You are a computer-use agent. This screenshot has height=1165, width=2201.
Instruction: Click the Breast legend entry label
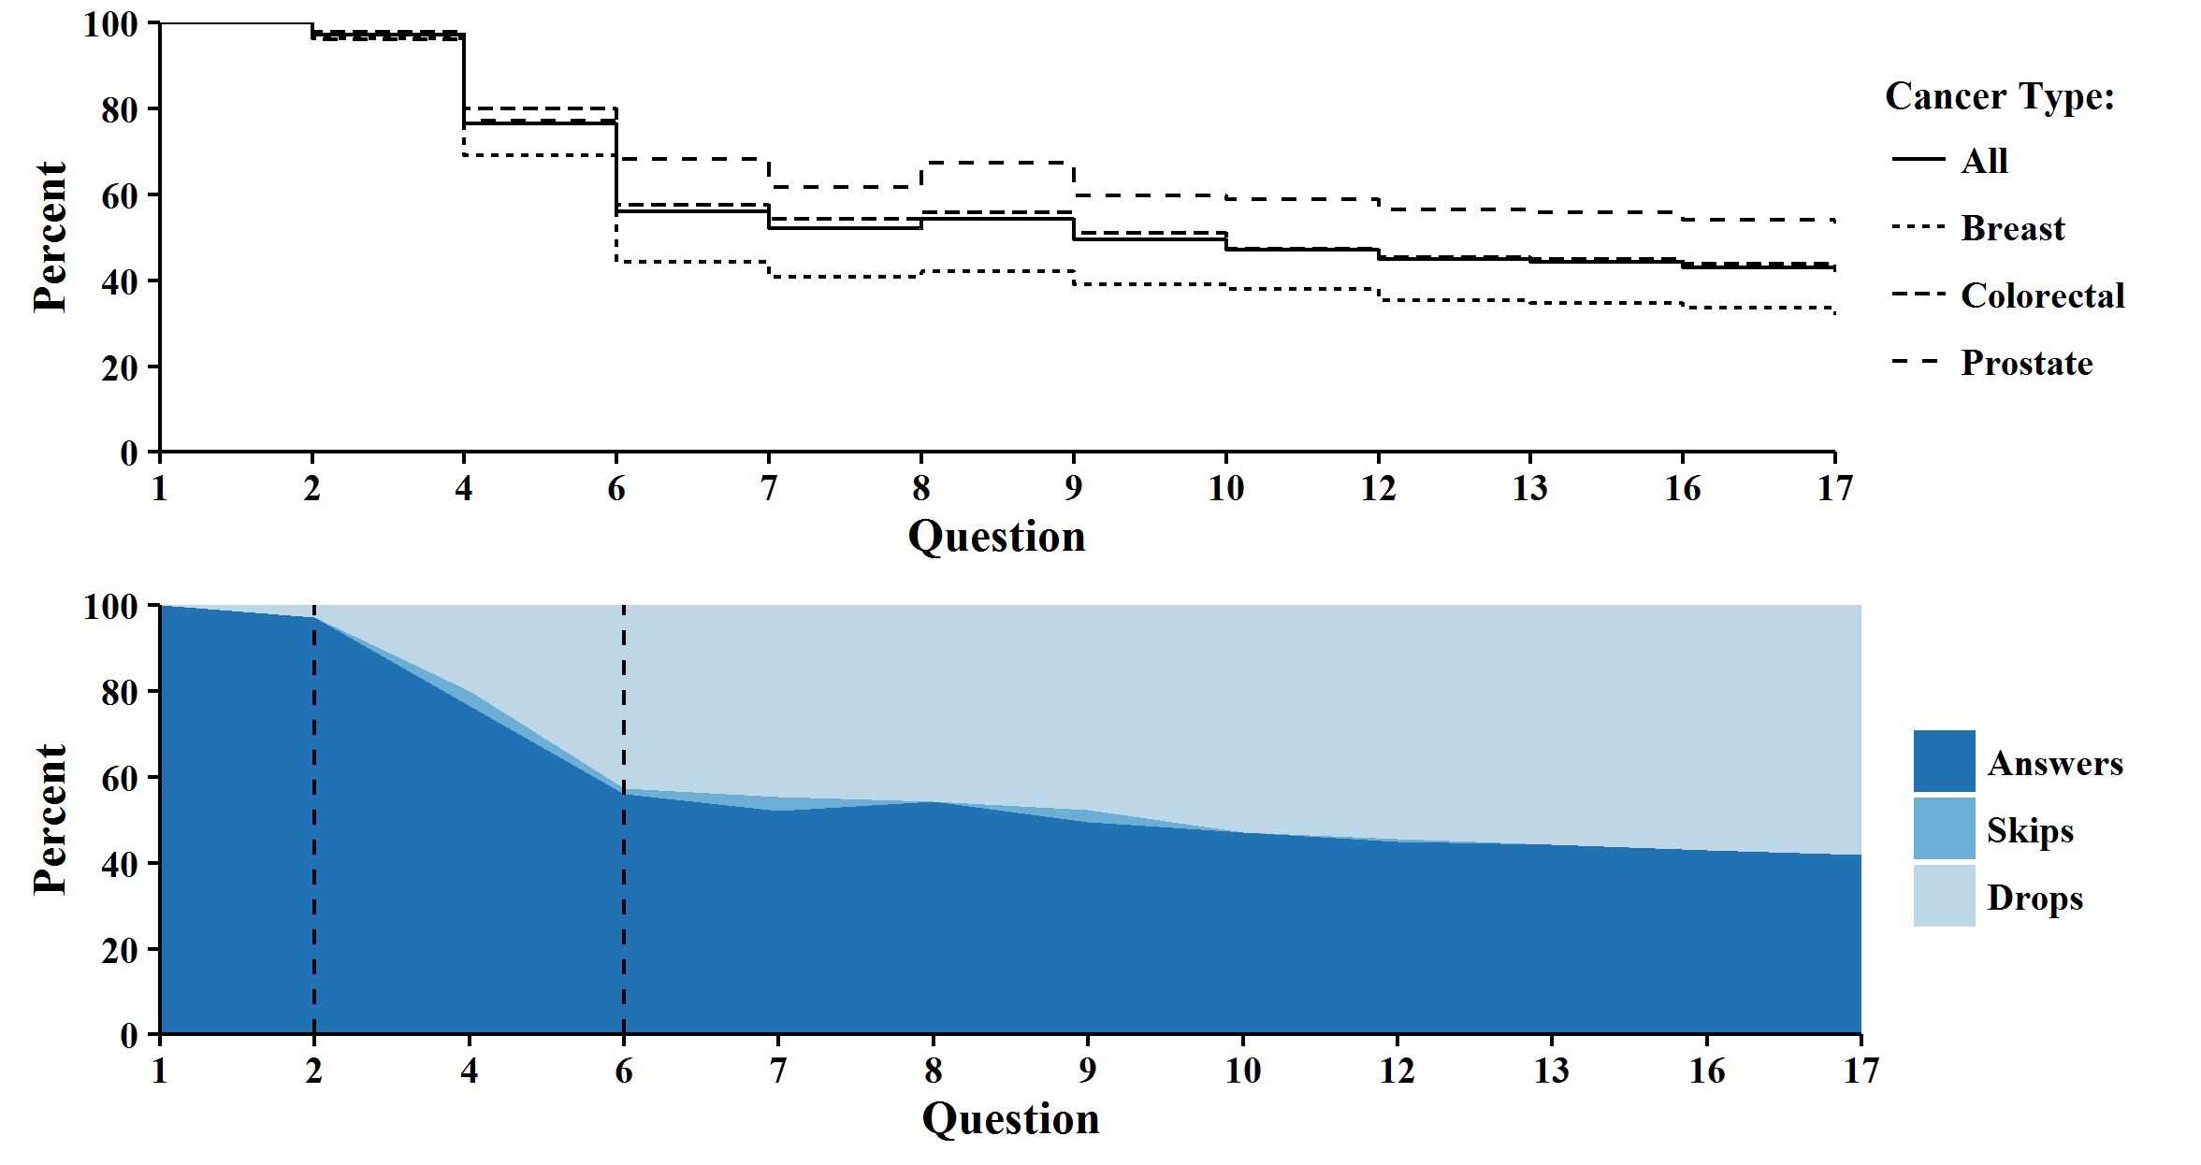[2012, 229]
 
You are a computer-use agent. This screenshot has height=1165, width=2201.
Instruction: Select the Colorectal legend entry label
[2042, 296]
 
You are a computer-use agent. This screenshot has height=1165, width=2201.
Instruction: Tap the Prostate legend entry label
[2026, 364]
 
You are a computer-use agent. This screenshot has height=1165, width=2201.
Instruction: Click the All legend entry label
[1984, 162]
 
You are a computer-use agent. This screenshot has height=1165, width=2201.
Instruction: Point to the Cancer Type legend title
[1999, 97]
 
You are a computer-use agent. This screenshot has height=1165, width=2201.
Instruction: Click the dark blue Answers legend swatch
[1944, 761]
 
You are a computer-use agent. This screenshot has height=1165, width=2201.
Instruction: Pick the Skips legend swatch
[1944, 828]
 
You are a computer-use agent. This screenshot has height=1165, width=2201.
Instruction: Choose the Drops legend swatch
[1944, 896]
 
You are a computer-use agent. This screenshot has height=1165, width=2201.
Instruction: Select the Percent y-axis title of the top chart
[51, 237]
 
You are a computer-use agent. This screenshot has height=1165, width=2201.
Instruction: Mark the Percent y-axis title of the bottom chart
[51, 820]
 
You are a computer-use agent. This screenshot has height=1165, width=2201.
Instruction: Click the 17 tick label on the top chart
[1834, 489]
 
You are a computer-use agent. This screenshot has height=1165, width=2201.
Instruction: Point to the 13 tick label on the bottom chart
[1551, 1072]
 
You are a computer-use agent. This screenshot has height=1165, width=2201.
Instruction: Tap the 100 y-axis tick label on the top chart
[110, 25]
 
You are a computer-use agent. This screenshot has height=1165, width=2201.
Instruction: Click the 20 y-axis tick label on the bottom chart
[120, 951]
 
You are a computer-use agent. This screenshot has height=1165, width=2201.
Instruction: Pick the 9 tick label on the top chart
[1073, 489]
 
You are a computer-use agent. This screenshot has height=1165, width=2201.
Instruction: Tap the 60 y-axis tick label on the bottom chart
[120, 779]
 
